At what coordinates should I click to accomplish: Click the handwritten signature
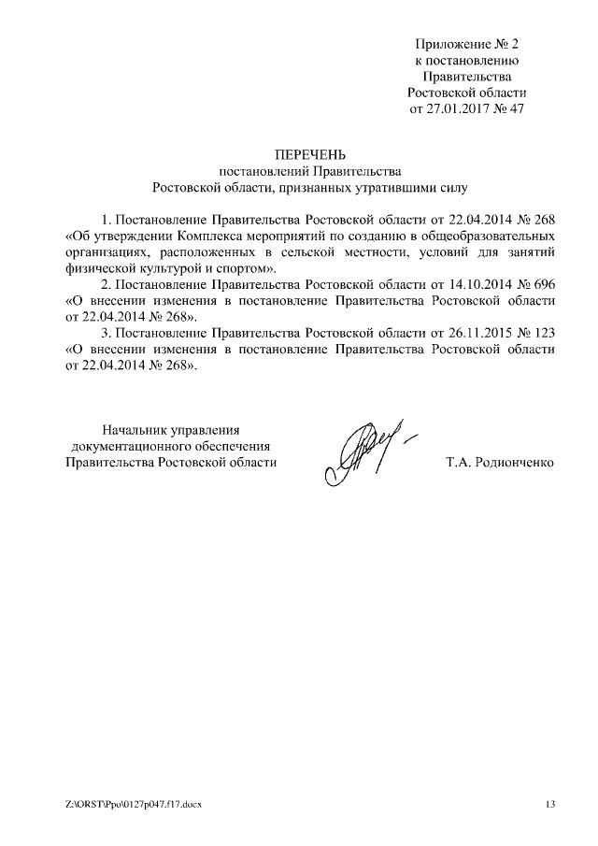click(369, 448)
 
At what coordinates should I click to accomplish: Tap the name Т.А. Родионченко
click(501, 462)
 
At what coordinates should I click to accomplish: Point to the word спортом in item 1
click(247, 269)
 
